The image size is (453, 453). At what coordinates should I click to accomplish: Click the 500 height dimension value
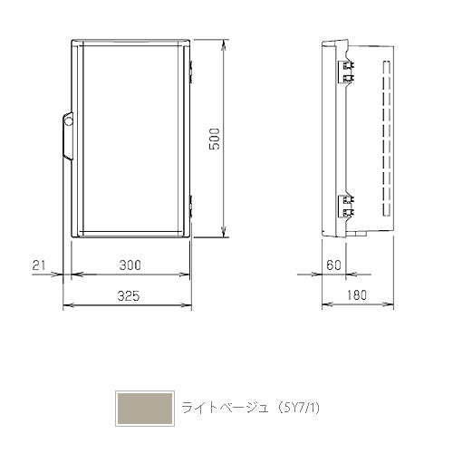pos(215,139)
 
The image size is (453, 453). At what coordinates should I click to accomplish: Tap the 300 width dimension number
pos(130,265)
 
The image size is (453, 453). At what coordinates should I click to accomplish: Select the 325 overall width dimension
pos(129,296)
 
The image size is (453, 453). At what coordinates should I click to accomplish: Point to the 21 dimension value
pos(39,265)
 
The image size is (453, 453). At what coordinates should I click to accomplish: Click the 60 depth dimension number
pos(333,265)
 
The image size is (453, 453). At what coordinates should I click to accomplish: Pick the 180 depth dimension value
pos(357,295)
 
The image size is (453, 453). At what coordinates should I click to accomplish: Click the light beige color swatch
pos(145,409)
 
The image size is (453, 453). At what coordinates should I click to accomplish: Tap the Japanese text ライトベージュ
pos(225,408)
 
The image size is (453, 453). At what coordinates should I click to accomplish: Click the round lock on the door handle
pos(69,121)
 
